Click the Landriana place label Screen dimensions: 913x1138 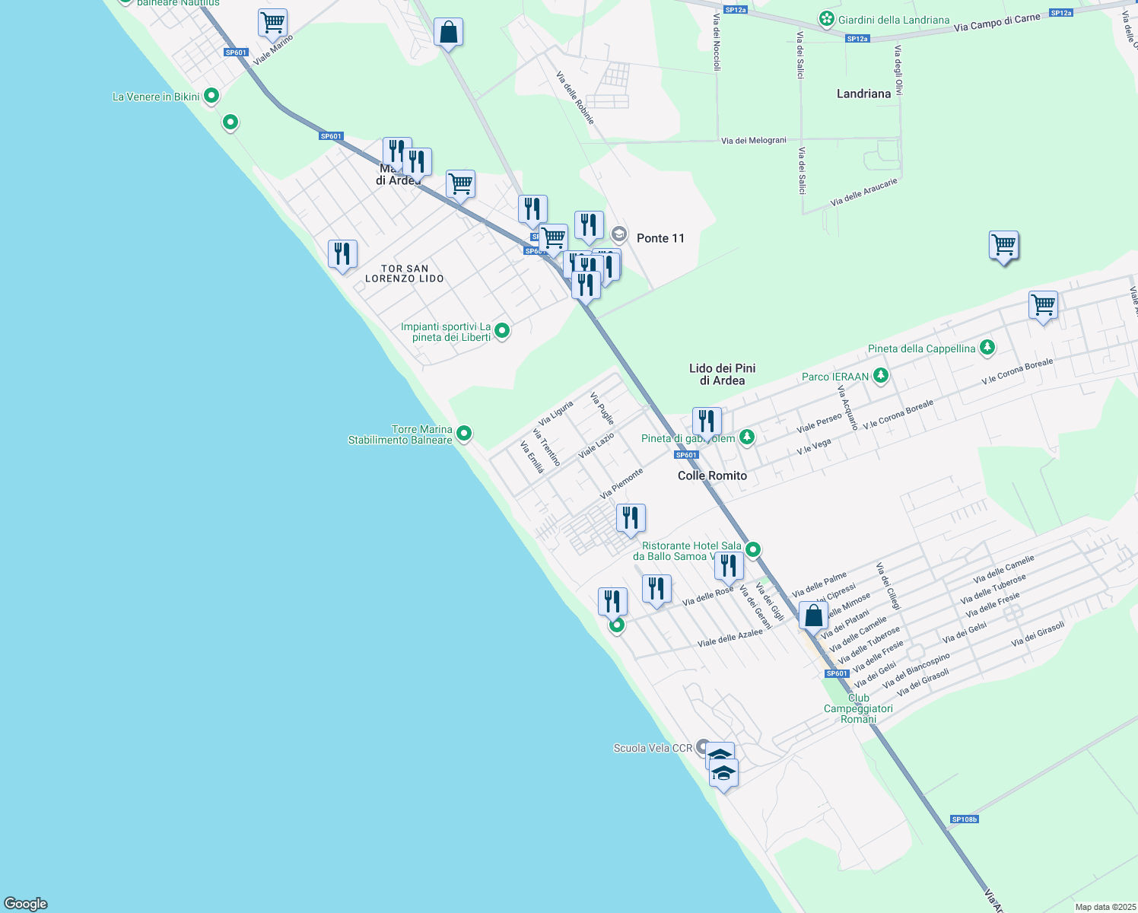[863, 94]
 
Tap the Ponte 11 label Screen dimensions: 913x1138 [660, 238]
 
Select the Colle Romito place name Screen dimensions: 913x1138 [712, 476]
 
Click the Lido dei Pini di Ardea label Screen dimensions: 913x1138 [722, 374]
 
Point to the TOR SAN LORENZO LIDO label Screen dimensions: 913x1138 [405, 274]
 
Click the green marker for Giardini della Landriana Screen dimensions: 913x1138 [827, 19]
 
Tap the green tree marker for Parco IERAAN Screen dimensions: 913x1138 [881, 375]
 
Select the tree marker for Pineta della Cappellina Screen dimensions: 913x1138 [987, 348]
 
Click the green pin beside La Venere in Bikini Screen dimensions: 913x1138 [212, 96]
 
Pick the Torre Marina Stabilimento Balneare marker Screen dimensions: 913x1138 [464, 434]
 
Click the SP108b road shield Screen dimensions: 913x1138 [964, 819]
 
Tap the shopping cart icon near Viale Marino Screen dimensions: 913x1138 [272, 23]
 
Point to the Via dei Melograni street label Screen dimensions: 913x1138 [753, 141]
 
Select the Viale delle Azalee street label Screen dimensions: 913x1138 [730, 638]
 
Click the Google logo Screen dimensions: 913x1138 [26, 904]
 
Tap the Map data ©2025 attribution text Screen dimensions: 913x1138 [1105, 907]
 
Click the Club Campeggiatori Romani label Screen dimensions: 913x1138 [858, 708]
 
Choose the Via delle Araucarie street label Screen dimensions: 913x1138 [864, 192]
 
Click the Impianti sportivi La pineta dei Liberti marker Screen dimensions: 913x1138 [502, 331]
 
